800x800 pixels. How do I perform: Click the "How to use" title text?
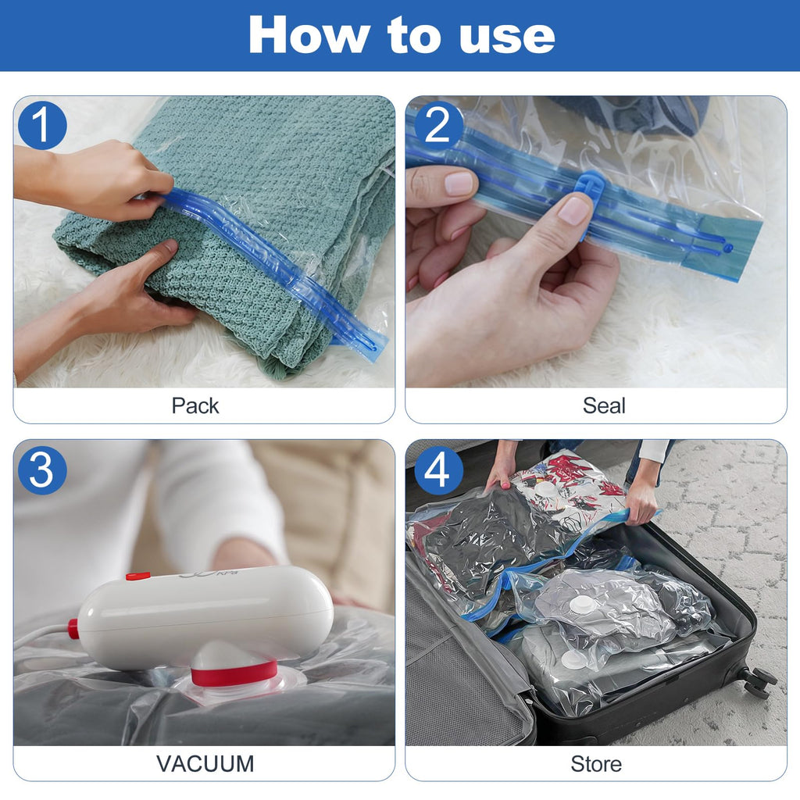click(x=402, y=34)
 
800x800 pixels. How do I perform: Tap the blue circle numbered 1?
click(x=42, y=125)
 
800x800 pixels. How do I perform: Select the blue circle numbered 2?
click(x=437, y=125)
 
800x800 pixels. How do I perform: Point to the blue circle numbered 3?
click(x=42, y=470)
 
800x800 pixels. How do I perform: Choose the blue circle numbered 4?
click(x=437, y=470)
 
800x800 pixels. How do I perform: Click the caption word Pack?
click(x=195, y=405)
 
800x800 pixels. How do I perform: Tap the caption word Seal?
click(x=604, y=405)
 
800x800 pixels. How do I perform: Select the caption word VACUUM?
click(x=205, y=764)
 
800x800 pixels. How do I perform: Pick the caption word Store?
click(x=596, y=764)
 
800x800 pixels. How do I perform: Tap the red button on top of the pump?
click(x=138, y=577)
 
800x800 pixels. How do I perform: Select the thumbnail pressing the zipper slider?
click(x=574, y=209)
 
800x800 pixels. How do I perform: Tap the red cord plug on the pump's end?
click(x=73, y=629)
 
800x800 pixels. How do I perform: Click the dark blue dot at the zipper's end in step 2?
click(x=727, y=248)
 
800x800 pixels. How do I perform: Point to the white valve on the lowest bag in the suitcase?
click(x=573, y=660)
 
